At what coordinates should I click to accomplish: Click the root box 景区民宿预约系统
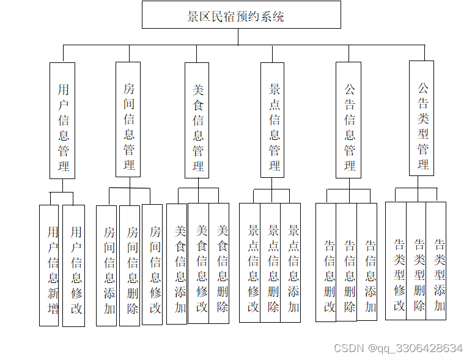[241, 15]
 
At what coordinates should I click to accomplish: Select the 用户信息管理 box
[62, 120]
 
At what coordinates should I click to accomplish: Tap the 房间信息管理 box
[128, 119]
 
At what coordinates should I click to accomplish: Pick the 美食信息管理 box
[197, 120]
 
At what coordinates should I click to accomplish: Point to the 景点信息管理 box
[273, 120]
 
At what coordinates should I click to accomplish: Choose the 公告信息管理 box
[348, 120]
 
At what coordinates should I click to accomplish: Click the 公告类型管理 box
[422, 118]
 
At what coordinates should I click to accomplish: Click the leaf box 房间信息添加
[107, 265]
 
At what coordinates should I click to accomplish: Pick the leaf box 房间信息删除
[130, 265]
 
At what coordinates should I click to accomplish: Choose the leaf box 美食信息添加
[177, 263]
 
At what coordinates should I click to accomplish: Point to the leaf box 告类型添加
[437, 261]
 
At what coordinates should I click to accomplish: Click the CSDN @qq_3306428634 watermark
[398, 348]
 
